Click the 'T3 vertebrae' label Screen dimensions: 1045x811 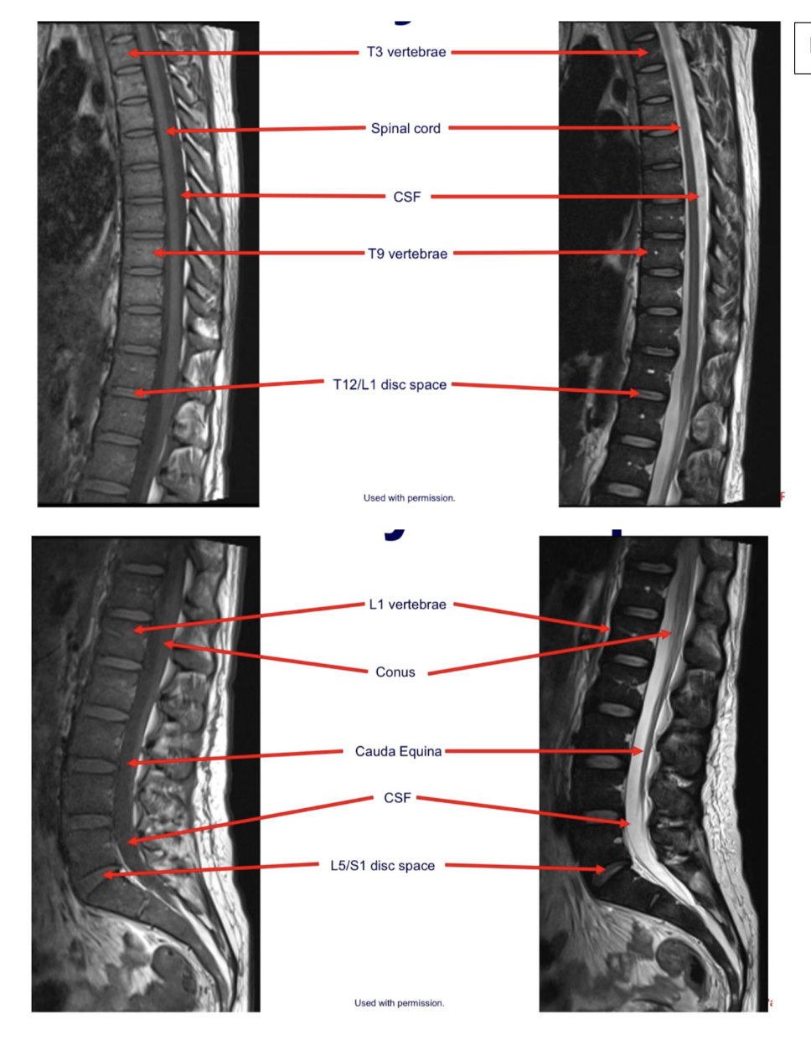(x=406, y=52)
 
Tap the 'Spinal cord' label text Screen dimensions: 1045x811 (x=405, y=128)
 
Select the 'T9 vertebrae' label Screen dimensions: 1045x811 (x=407, y=254)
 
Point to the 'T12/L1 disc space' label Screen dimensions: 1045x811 (x=390, y=384)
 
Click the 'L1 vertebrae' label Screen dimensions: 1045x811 (x=407, y=605)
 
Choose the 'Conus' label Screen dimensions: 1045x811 (x=395, y=672)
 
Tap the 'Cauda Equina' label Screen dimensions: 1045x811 (x=398, y=751)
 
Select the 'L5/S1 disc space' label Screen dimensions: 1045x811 (x=382, y=866)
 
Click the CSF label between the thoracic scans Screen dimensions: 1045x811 (x=407, y=197)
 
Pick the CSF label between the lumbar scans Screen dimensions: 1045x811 (x=397, y=798)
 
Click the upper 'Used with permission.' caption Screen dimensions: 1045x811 (x=409, y=497)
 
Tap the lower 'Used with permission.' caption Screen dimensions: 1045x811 (x=400, y=1002)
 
